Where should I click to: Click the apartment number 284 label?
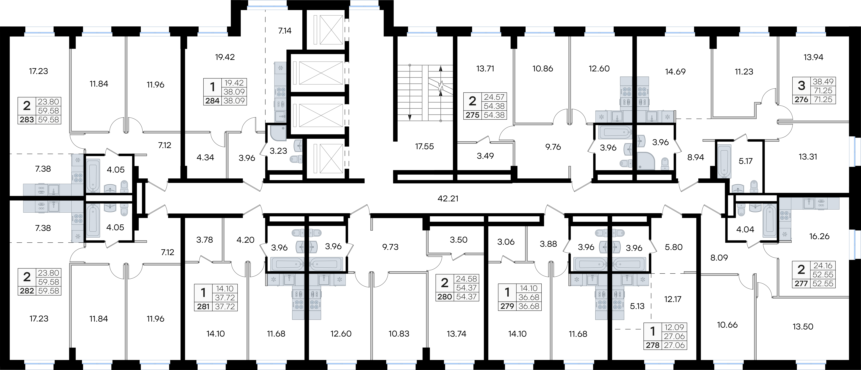pos(212,101)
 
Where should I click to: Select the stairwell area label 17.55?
pos(424,146)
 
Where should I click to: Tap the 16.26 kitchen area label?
pos(820,236)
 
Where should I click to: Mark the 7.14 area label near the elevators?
pos(285,31)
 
